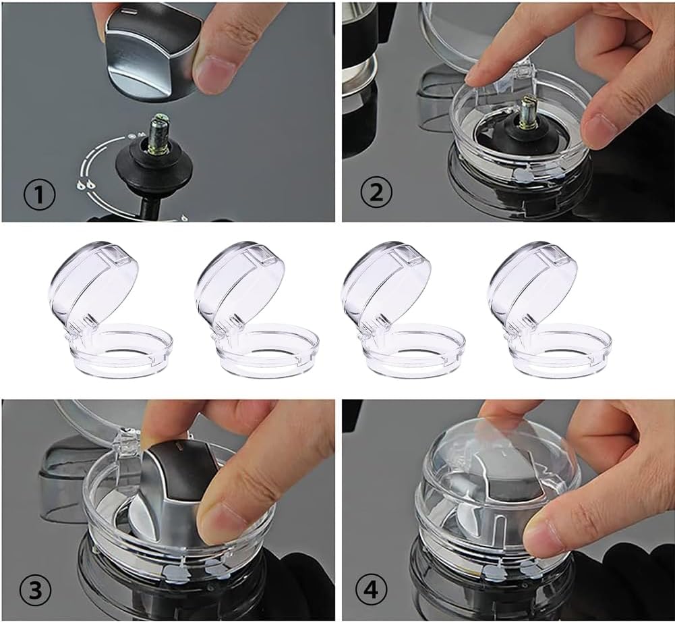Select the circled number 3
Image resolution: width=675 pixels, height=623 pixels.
[x=36, y=590]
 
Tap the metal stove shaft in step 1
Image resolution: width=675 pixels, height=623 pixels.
[x=158, y=133]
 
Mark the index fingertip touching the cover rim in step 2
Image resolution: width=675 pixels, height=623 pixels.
[x=475, y=78]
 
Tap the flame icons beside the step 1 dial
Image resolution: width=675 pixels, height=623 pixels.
[x=86, y=185]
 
